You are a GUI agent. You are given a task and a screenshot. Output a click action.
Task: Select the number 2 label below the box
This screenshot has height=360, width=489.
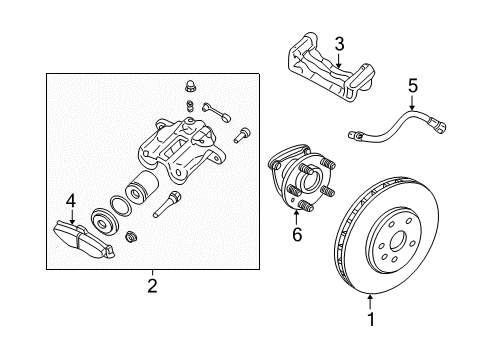[152, 287]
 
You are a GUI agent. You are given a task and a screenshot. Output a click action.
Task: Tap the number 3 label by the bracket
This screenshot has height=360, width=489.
[339, 43]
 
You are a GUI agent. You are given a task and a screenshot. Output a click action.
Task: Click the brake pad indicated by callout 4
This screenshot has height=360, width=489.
[84, 237]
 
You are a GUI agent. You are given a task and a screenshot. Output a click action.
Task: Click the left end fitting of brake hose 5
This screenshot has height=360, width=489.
[357, 134]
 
